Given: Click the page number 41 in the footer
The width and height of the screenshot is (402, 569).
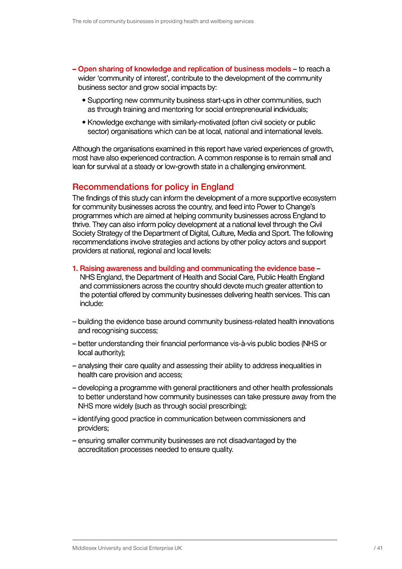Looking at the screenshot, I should coord(379,548).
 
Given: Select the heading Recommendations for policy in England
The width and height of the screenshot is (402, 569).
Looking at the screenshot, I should coord(153,187).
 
